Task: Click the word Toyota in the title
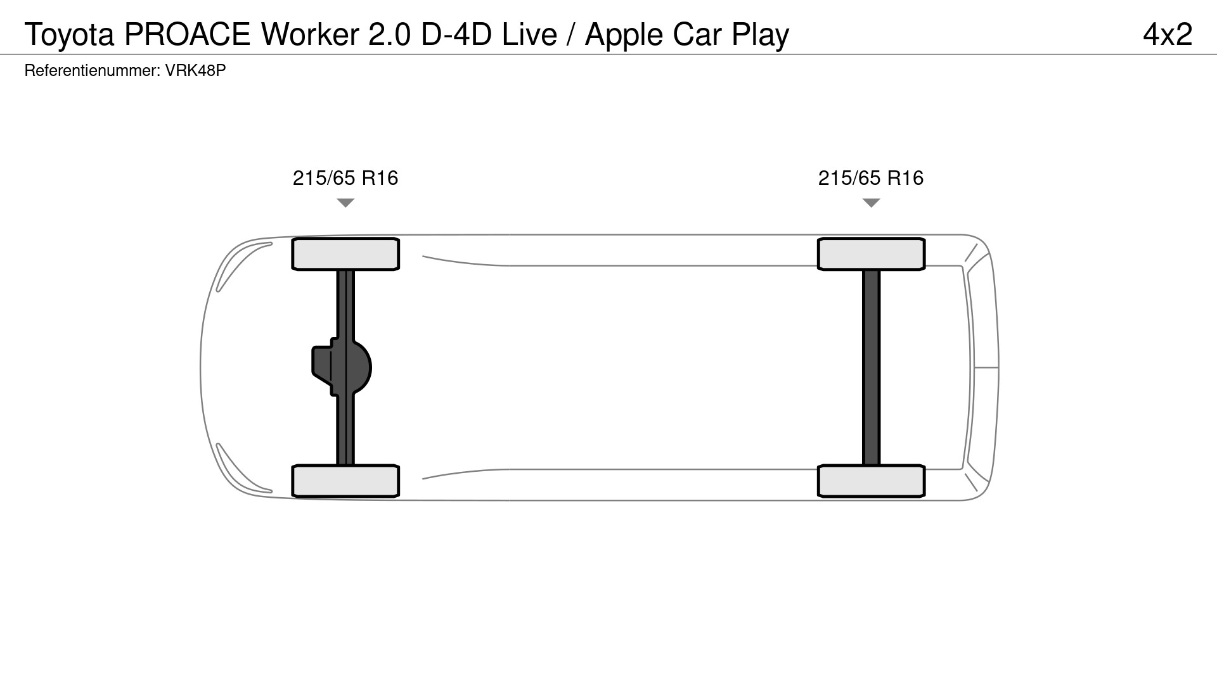click(69, 35)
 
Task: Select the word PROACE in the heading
click(188, 34)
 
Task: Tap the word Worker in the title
click(310, 34)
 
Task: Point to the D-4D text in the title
click(456, 34)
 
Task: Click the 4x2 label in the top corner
click(1168, 34)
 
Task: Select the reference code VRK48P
click(195, 70)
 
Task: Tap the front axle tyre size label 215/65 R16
click(345, 178)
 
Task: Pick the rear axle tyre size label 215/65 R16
click(871, 178)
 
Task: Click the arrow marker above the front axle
click(345, 203)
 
